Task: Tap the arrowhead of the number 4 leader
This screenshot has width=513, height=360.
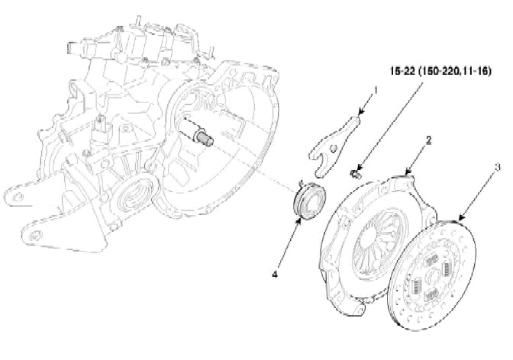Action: click(x=298, y=221)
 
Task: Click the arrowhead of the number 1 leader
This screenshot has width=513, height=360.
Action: click(x=359, y=117)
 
